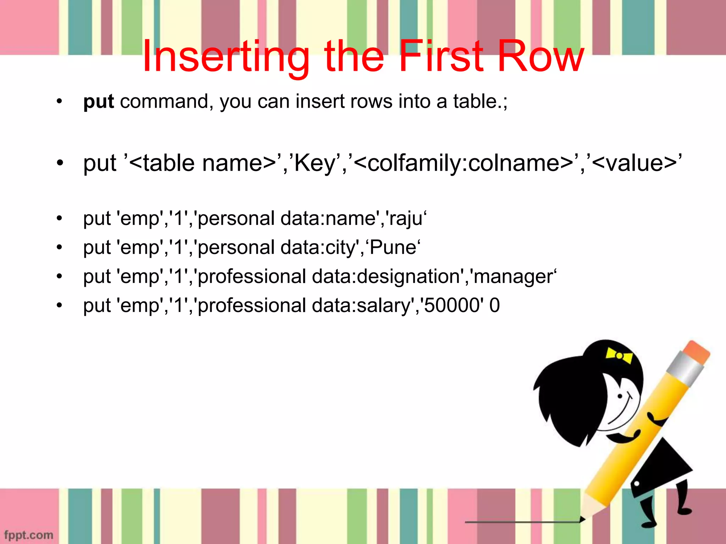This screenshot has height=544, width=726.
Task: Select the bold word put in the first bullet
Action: (x=99, y=102)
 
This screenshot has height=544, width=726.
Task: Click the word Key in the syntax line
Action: (x=314, y=164)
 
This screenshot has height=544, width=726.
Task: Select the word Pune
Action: (x=393, y=247)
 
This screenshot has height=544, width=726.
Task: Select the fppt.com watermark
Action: (x=29, y=534)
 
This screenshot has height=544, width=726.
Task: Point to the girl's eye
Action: (x=620, y=396)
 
